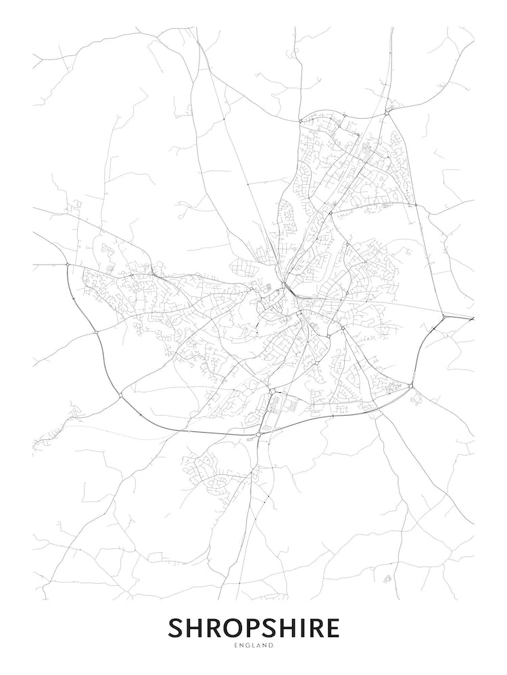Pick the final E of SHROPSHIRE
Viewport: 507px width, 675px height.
coord(332,628)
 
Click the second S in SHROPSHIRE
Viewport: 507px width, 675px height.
coord(270,628)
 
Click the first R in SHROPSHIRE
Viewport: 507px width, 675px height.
coord(214,628)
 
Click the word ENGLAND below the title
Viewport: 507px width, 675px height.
coord(254,646)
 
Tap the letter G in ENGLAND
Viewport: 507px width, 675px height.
coord(247,646)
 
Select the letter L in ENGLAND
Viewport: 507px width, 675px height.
coord(254,646)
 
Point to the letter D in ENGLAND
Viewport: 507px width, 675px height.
coord(271,646)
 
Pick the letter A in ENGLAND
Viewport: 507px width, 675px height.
coord(259,646)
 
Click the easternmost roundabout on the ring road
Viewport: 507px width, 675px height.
coord(442,316)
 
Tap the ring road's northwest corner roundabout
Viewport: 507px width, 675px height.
coord(68,265)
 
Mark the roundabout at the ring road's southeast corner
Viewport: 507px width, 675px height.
coord(411,385)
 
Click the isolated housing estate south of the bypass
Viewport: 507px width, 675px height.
coord(206,471)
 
